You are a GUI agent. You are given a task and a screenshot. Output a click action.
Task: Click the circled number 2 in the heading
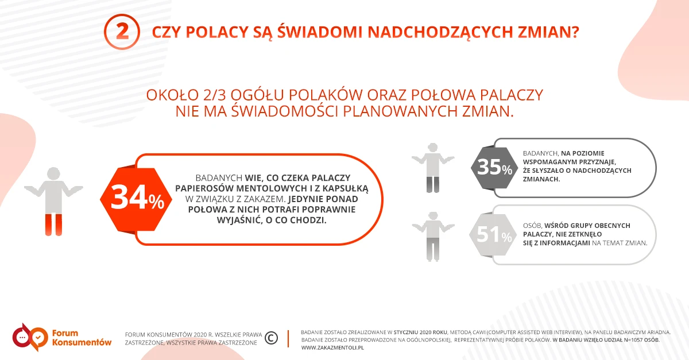tap(122, 32)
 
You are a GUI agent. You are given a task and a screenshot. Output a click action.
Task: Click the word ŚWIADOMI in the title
tap(320, 32)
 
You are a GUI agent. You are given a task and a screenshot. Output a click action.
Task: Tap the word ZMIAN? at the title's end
tap(548, 32)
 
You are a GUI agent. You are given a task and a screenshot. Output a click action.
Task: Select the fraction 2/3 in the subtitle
tap(214, 95)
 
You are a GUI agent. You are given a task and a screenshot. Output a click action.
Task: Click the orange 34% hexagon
tap(136, 199)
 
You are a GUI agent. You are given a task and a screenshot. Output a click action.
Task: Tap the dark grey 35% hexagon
tap(494, 168)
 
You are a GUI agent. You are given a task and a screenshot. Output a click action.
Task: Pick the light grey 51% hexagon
tap(493, 235)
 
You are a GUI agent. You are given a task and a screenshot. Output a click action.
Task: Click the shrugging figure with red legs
tap(53, 202)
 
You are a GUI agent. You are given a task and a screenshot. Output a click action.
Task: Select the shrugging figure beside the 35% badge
tap(433, 168)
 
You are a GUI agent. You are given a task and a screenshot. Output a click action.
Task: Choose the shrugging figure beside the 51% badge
tap(433, 237)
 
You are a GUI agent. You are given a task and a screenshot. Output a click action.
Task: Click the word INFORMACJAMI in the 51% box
tap(565, 243)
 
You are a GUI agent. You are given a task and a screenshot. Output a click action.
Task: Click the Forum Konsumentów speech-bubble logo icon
tap(30, 337)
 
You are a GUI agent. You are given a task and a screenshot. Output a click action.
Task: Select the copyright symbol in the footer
tap(271, 338)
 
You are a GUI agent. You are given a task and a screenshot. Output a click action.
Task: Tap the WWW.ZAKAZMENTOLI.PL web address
tap(332, 348)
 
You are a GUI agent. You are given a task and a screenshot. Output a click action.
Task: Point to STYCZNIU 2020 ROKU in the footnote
tap(420, 332)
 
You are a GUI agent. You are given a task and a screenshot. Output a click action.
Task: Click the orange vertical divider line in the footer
tap(288, 338)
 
